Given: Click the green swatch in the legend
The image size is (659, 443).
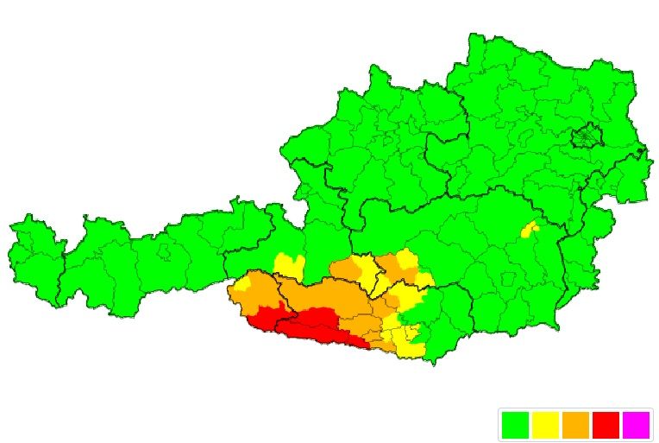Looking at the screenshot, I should pos(514,425).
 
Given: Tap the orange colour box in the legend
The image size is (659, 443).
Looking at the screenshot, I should pos(575,425).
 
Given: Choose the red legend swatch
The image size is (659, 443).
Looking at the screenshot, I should pos(606,425).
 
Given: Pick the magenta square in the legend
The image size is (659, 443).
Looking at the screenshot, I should pos(636,425).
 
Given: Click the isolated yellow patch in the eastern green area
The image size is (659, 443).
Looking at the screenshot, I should pos(530,229).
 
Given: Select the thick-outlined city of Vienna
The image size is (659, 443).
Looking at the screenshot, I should pos(587,136).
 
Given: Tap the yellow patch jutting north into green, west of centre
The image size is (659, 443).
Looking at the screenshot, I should pos(288,265).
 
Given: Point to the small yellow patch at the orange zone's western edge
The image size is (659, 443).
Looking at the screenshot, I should pos(245,282).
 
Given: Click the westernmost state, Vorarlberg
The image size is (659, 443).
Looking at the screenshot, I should pos(35,255).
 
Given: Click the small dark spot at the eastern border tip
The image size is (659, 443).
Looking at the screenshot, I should pos(640,154).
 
